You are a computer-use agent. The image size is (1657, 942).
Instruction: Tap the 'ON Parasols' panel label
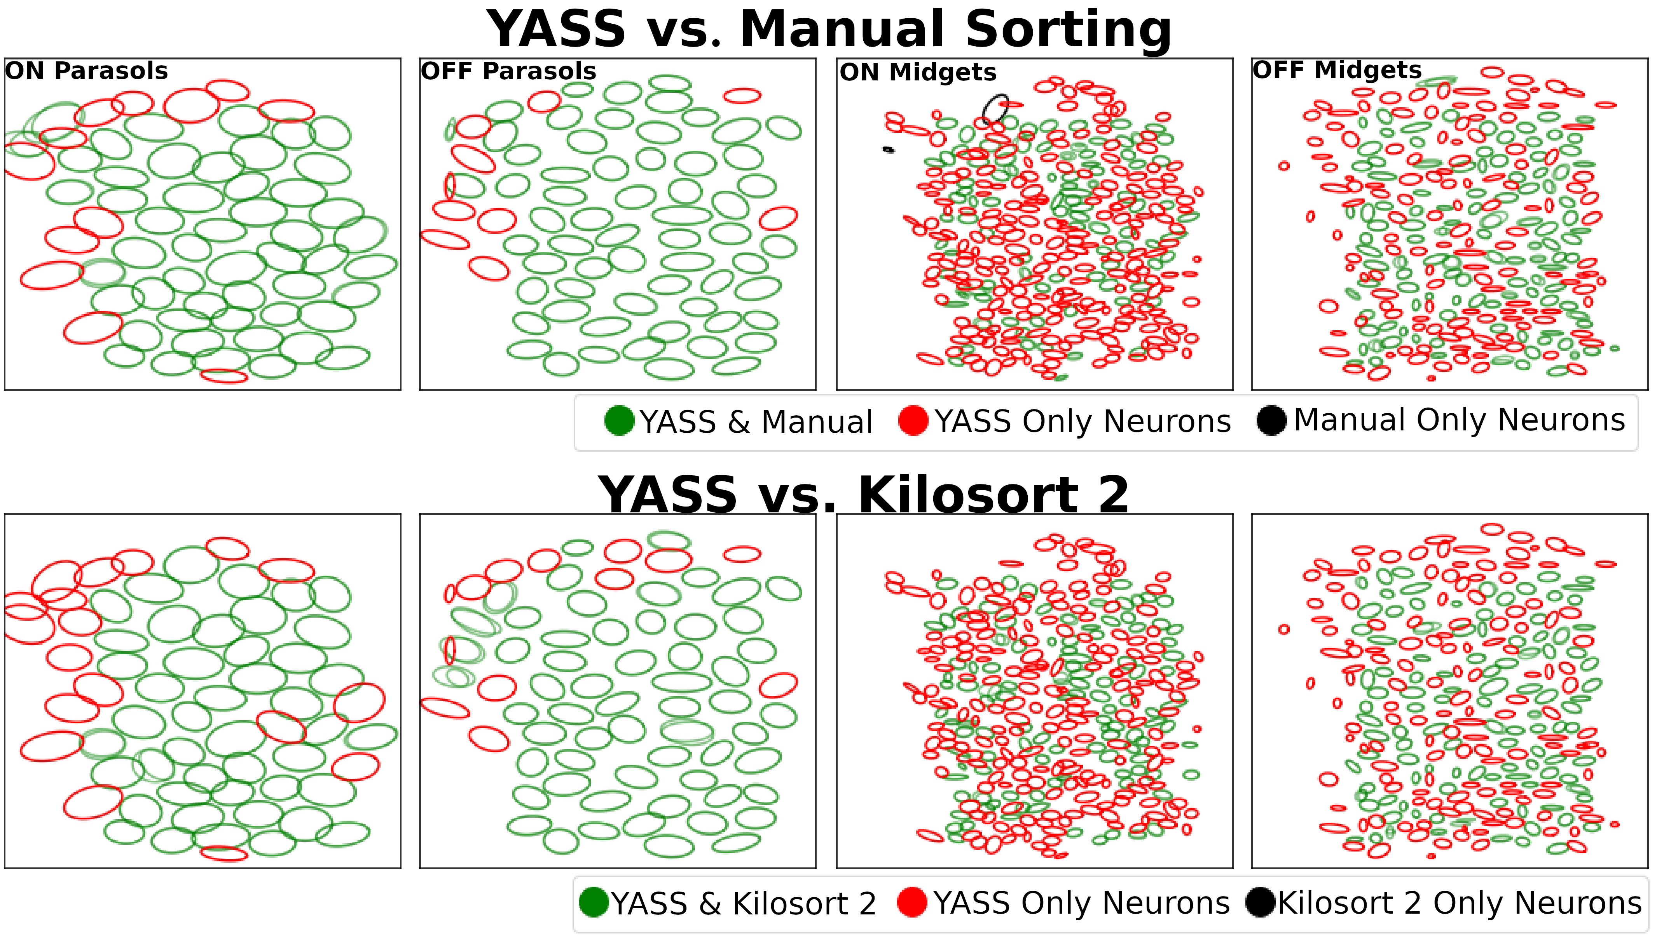click(86, 71)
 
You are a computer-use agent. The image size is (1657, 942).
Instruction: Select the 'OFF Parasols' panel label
click(508, 71)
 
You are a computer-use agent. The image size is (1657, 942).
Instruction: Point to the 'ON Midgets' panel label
click(918, 73)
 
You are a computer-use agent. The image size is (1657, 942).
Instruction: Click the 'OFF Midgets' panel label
click(1337, 70)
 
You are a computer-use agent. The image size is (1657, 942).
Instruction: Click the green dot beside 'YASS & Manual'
click(619, 421)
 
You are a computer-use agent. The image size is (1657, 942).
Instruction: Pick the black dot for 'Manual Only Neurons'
click(1271, 421)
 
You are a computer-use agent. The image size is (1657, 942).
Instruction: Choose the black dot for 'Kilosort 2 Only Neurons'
click(1260, 902)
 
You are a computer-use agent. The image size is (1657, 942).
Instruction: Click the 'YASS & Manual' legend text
click(756, 422)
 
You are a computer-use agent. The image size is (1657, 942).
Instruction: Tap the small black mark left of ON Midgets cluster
click(888, 150)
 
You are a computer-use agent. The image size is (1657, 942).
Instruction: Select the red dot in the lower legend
click(912, 902)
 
